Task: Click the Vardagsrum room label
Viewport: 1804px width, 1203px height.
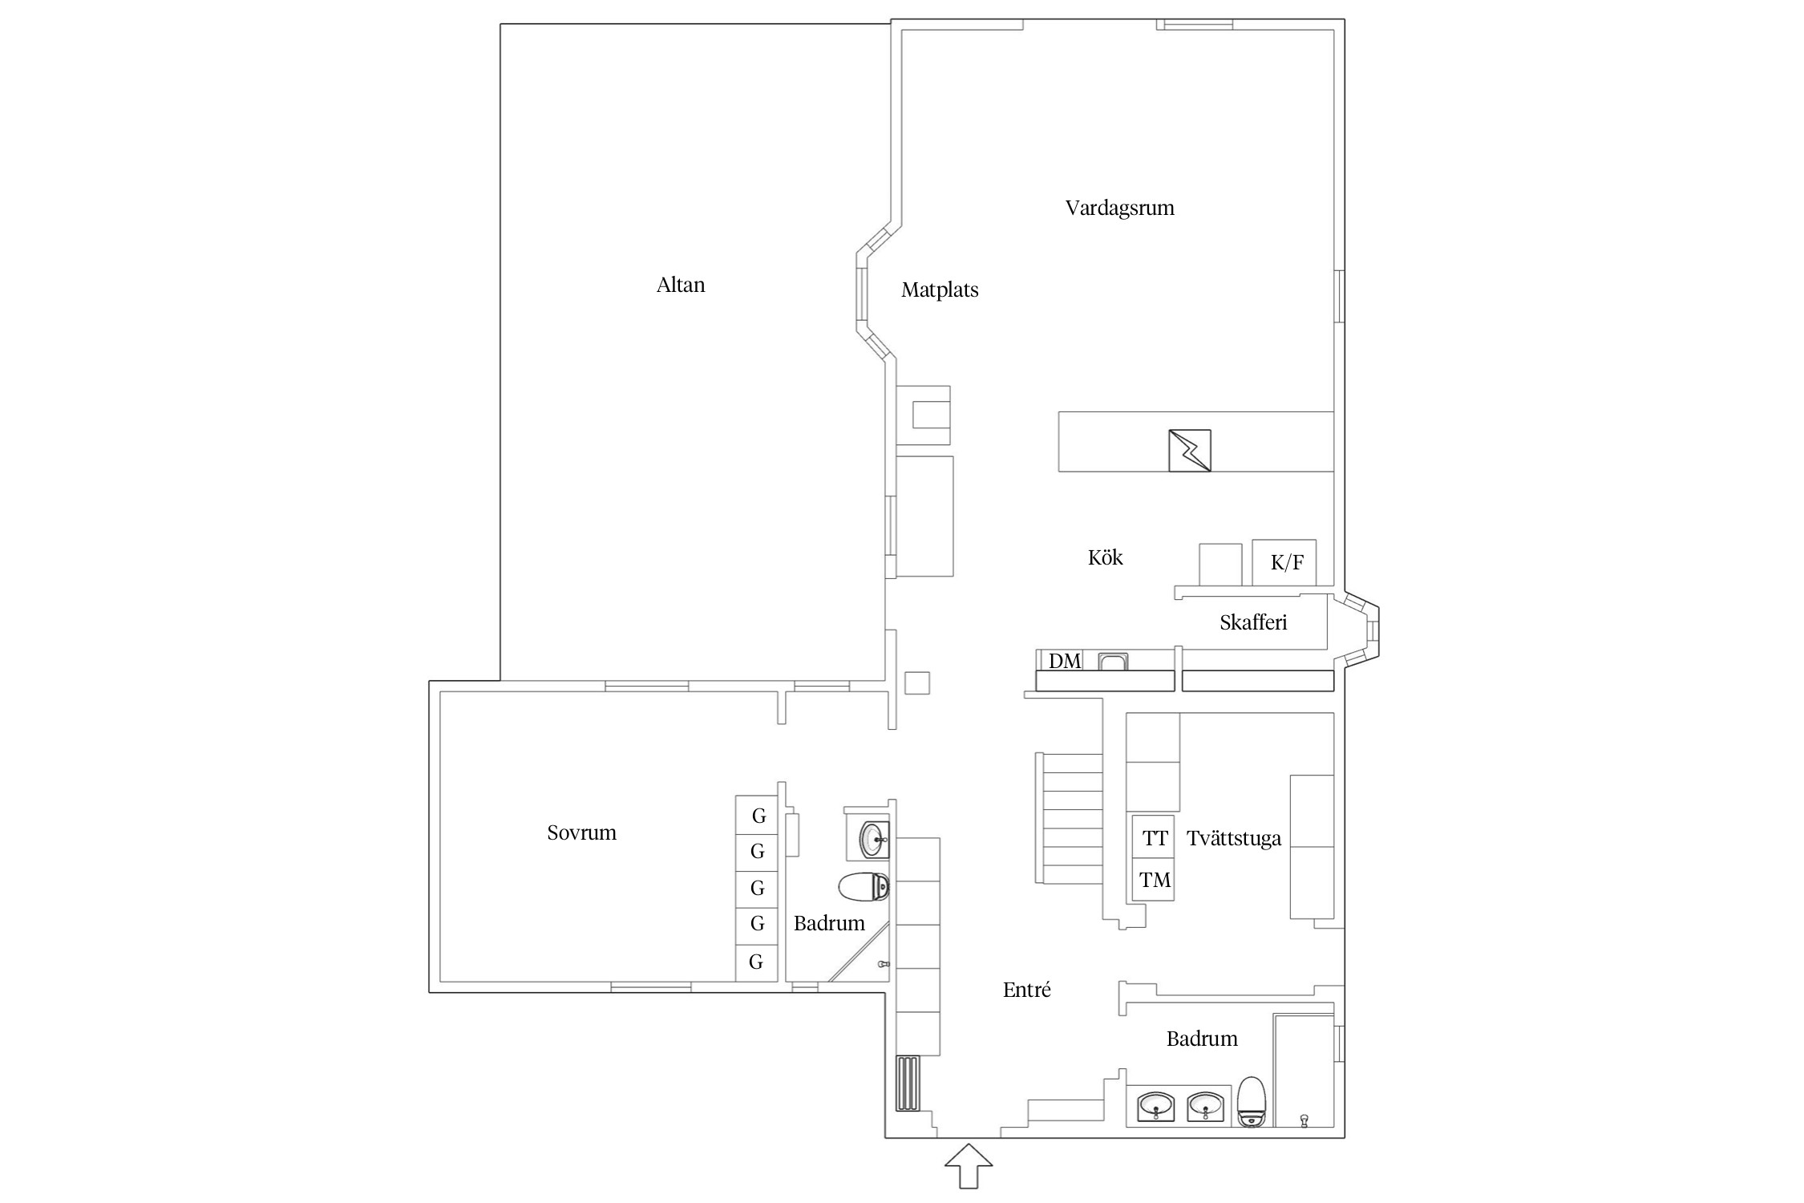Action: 1119,209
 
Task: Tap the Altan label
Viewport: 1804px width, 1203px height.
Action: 681,285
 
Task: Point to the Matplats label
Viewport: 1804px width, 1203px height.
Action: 940,290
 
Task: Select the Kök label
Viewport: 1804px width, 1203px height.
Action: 1105,557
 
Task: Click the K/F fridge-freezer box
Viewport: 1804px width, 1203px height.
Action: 1284,562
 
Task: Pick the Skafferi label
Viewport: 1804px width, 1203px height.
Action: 1253,622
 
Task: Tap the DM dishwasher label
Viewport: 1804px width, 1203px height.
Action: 1065,661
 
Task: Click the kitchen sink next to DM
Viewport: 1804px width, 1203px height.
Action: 1113,662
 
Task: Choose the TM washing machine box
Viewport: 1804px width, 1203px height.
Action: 1153,880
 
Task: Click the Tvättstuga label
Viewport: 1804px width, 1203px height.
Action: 1234,838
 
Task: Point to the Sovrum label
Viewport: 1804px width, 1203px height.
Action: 581,832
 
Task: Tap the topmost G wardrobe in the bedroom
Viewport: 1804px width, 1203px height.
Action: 757,816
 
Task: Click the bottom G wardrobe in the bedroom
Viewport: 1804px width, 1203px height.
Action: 757,962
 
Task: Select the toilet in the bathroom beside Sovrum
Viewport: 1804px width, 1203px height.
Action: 864,886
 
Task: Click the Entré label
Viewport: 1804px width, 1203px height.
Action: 1026,990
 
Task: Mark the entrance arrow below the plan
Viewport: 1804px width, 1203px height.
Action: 969,1166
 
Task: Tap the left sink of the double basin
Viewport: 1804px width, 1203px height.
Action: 1156,1108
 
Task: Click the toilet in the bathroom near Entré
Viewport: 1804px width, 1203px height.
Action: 1252,1102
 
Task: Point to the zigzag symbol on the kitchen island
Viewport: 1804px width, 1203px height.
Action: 1190,450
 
